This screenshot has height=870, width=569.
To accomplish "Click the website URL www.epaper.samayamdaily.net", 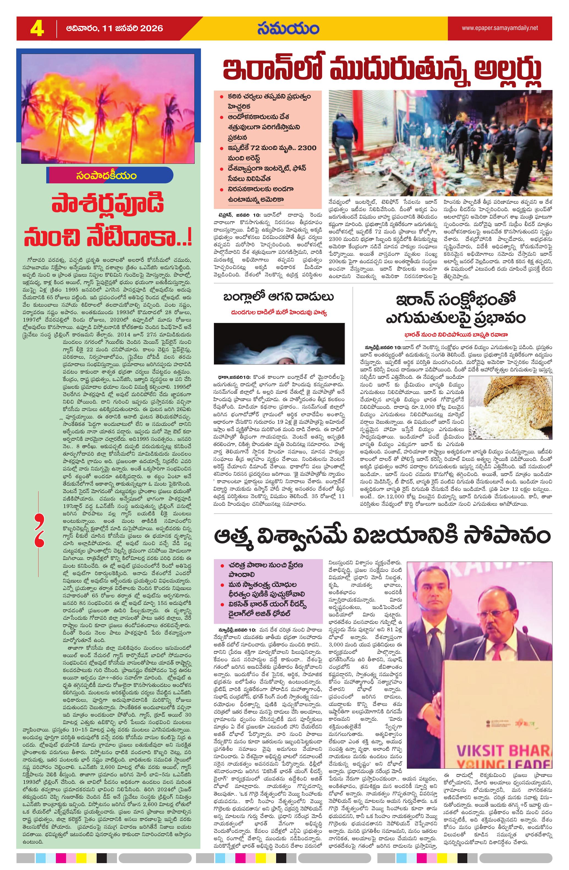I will [500, 28].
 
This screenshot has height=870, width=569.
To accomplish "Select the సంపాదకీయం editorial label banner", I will [110, 175].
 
